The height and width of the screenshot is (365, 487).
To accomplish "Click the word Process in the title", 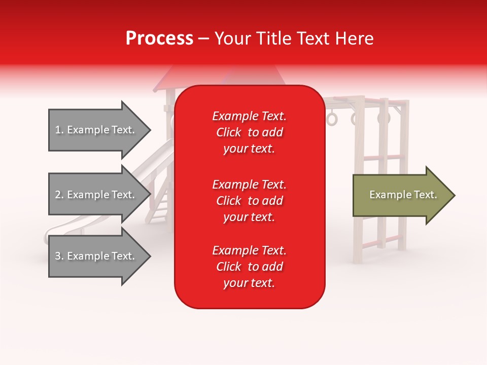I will click(159, 39).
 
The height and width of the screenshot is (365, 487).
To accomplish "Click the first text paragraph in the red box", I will click(249, 132).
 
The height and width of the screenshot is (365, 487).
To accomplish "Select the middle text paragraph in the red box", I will click(249, 201).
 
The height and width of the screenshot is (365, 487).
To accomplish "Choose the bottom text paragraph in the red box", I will click(249, 267).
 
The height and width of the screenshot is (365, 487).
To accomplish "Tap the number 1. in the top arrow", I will click(59, 130).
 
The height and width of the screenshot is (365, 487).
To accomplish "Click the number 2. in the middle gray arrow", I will click(59, 195).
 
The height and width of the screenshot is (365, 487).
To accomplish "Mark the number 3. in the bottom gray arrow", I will click(59, 257).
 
